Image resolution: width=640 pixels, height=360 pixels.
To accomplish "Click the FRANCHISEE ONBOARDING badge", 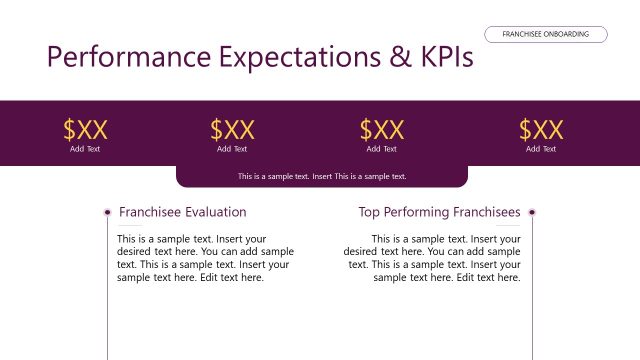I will coord(546,34).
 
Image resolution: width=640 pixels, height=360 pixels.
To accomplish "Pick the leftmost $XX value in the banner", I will coord(85,129).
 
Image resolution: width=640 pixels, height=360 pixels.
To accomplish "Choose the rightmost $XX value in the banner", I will coord(541,129).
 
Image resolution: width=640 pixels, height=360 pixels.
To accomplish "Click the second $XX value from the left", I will coord(232,129).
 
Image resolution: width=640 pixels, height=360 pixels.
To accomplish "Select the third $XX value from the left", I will coord(381,129).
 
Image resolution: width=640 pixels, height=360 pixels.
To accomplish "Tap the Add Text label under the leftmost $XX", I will coord(85,149).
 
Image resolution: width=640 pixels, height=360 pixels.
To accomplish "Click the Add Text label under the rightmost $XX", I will coord(541,149).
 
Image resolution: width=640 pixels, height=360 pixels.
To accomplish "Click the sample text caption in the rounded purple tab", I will coord(322,176).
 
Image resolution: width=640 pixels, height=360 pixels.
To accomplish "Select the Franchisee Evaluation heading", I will coord(182,212).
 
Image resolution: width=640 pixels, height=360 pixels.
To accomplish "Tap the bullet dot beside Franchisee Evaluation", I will coord(107,212).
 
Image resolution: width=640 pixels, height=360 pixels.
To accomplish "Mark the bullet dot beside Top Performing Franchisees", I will coord(532,212).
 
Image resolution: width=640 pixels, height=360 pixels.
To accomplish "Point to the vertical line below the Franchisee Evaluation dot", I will coord(107,290).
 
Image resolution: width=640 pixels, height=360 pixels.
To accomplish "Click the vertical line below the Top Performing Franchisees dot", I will coord(532,290).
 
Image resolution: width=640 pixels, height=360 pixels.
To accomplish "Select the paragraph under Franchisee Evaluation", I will coord(205,258).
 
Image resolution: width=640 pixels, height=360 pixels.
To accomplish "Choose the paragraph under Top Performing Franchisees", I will coord(433,258).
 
